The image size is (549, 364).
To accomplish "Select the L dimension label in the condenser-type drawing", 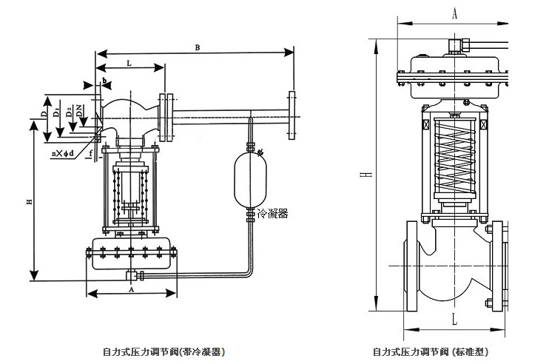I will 129,64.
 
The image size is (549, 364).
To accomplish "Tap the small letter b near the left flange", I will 105,79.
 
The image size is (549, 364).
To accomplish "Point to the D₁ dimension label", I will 57,112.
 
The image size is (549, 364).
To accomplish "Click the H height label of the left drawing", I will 28,201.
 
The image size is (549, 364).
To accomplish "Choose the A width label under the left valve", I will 131,290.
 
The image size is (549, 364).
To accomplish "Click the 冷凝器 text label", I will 273,213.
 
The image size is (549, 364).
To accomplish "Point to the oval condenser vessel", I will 249,178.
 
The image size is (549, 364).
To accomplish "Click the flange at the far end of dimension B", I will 292,113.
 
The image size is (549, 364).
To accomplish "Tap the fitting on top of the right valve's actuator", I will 456,48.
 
